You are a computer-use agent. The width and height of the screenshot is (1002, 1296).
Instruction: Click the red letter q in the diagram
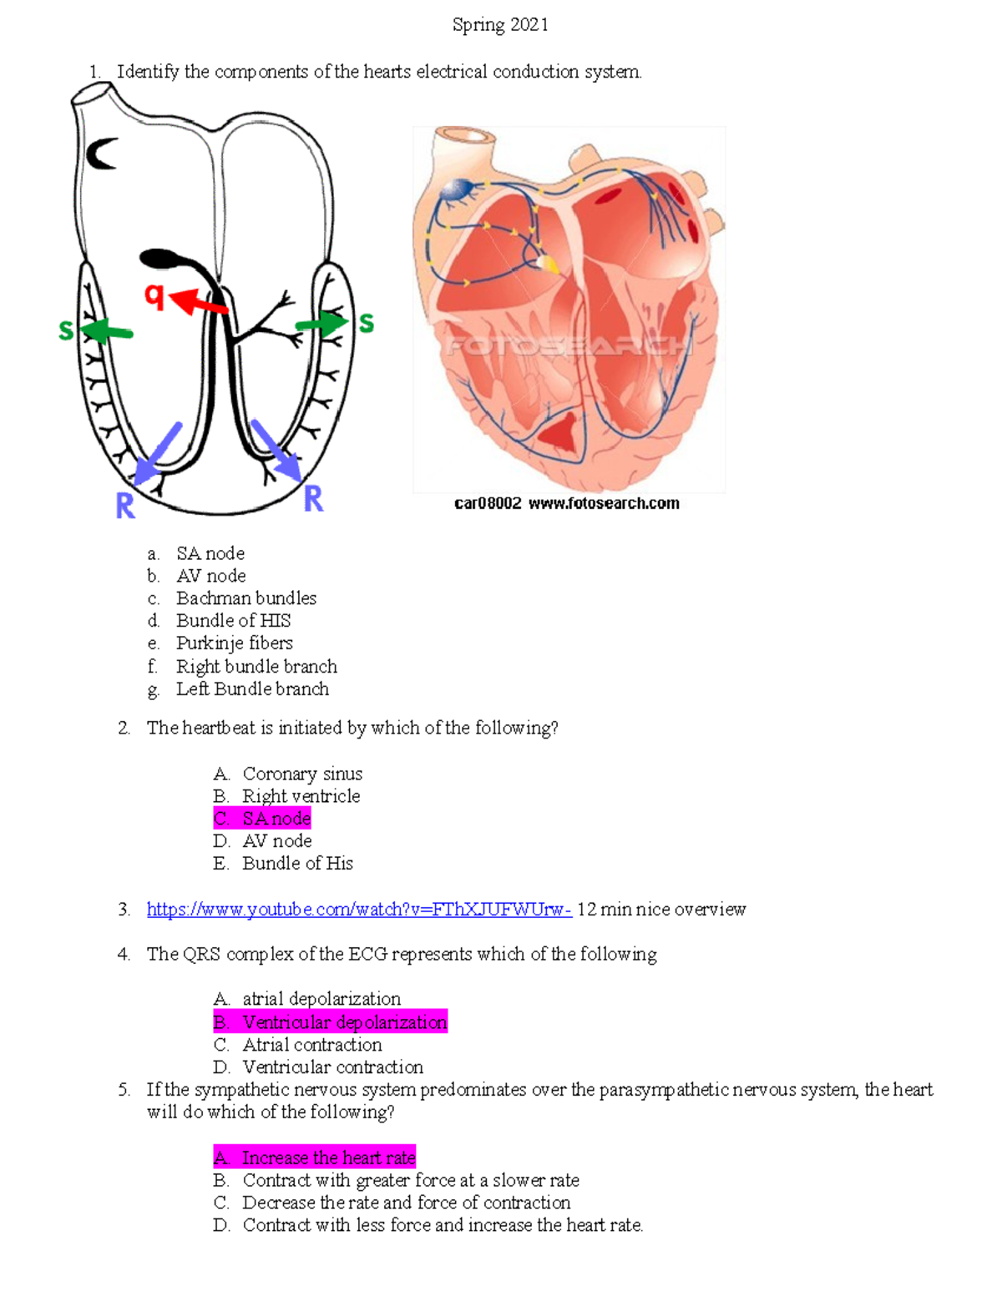154,295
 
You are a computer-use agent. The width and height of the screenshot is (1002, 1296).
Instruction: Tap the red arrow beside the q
198,302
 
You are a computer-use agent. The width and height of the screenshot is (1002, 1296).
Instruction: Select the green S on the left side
66,330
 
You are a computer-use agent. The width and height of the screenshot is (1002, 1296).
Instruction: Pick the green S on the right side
366,323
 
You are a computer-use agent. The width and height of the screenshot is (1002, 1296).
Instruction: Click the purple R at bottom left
125,506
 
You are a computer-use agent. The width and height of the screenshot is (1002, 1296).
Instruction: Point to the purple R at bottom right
313,499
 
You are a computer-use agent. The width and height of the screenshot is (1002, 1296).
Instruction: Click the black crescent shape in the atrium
101,154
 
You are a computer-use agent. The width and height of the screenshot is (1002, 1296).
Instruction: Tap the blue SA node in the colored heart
457,191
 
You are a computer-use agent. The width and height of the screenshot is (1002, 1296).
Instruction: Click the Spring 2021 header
500,25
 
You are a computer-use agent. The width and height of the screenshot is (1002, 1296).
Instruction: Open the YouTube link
359,910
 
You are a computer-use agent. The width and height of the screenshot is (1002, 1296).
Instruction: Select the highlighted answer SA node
262,819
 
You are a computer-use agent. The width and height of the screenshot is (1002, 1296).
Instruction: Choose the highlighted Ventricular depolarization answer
331,1022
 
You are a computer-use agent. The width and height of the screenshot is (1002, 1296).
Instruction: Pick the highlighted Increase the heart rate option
315,1157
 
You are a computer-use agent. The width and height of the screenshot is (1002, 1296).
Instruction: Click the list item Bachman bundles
246,598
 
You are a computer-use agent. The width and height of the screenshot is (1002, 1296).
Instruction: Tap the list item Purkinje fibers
235,643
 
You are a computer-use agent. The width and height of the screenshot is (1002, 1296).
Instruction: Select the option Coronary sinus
302,774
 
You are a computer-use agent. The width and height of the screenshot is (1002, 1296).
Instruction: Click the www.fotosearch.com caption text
604,503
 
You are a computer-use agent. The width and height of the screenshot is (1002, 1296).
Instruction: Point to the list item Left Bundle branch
252,689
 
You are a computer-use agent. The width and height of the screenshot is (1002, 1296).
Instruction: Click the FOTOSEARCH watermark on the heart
569,345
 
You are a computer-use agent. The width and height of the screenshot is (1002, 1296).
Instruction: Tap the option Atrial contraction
312,1045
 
